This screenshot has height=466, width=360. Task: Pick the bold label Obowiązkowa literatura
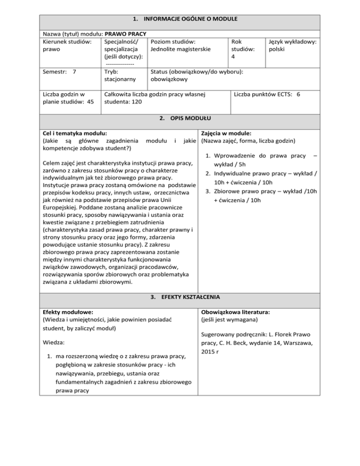click(234, 312)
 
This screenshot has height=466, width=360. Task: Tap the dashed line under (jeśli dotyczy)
click(120, 64)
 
